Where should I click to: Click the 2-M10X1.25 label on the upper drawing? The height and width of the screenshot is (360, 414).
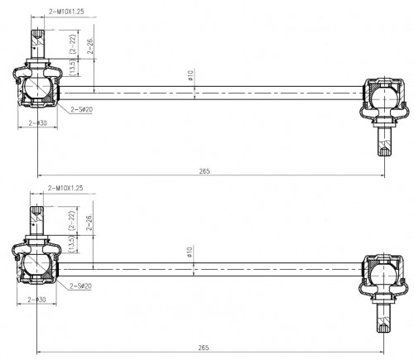(66, 12)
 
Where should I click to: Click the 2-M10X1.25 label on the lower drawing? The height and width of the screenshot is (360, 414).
(65, 188)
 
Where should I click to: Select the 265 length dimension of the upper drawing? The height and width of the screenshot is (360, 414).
(205, 171)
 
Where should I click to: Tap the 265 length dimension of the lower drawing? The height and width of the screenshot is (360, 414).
(204, 348)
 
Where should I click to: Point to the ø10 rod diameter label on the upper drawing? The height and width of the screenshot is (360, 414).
(190, 75)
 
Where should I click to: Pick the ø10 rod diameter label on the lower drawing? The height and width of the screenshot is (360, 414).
(190, 252)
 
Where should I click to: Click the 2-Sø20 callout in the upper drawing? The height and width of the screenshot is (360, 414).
(82, 109)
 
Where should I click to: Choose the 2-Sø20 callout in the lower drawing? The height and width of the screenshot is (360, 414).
(81, 286)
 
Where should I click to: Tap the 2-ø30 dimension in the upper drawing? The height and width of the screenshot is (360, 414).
(38, 123)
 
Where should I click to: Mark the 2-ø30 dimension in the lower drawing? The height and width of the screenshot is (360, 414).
(37, 300)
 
